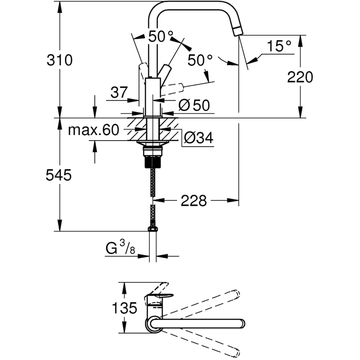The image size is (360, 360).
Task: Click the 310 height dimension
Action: click(x=59, y=60)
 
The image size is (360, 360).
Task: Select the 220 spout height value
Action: click(x=300, y=77)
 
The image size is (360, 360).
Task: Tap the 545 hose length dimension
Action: click(x=59, y=175)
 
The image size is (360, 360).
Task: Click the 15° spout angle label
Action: click(x=279, y=46)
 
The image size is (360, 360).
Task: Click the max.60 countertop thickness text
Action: click(x=93, y=130)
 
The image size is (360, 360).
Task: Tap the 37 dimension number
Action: click(x=119, y=93)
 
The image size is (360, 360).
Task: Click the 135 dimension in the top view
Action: click(x=124, y=308)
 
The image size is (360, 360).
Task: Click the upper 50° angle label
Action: click(x=161, y=37)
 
